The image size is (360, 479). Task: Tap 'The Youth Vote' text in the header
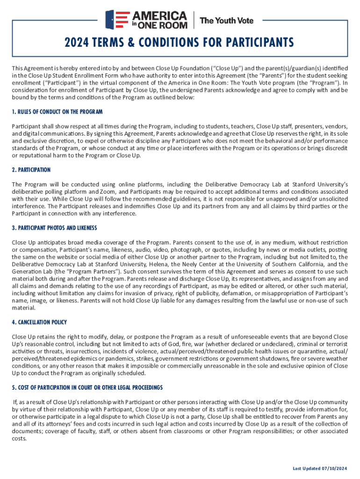pyautogui.click(x=227, y=21)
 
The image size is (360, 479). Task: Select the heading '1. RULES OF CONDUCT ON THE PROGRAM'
pyautogui.click(x=57, y=112)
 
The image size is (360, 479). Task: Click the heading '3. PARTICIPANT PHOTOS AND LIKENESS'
pyautogui.click(x=54, y=228)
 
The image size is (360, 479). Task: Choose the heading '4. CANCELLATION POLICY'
pyautogui.click(x=39, y=322)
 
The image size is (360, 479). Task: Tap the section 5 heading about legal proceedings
pyautogui.click(x=87, y=387)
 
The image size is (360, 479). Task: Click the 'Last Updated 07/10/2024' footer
pyautogui.click(x=320, y=468)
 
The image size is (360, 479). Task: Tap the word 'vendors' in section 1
pyautogui.click(x=336, y=127)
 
